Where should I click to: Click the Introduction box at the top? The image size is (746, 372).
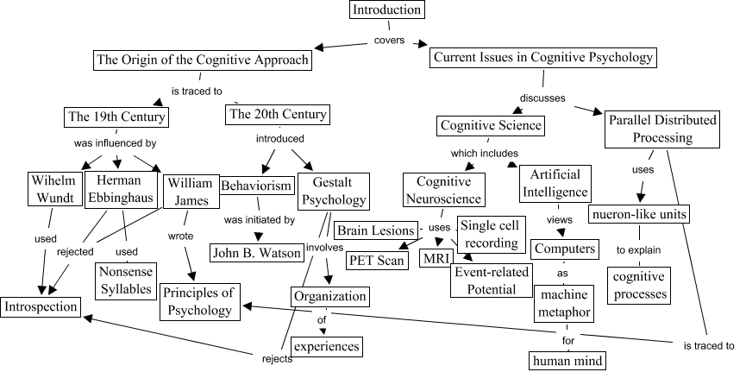tap(388, 10)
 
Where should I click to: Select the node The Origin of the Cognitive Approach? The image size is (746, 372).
tap(202, 60)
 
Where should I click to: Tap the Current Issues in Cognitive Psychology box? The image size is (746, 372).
tap(543, 59)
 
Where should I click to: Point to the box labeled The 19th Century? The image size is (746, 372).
tap(117, 117)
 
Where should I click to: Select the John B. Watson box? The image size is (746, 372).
tap(257, 253)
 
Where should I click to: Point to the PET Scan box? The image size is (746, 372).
tap(376, 260)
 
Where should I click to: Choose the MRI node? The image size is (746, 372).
tap(432, 258)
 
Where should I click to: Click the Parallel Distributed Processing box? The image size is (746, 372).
tap(661, 128)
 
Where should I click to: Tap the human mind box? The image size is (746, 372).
tap(564, 360)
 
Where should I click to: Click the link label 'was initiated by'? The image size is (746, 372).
tap(259, 220)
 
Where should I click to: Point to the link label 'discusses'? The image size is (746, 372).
tap(542, 98)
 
